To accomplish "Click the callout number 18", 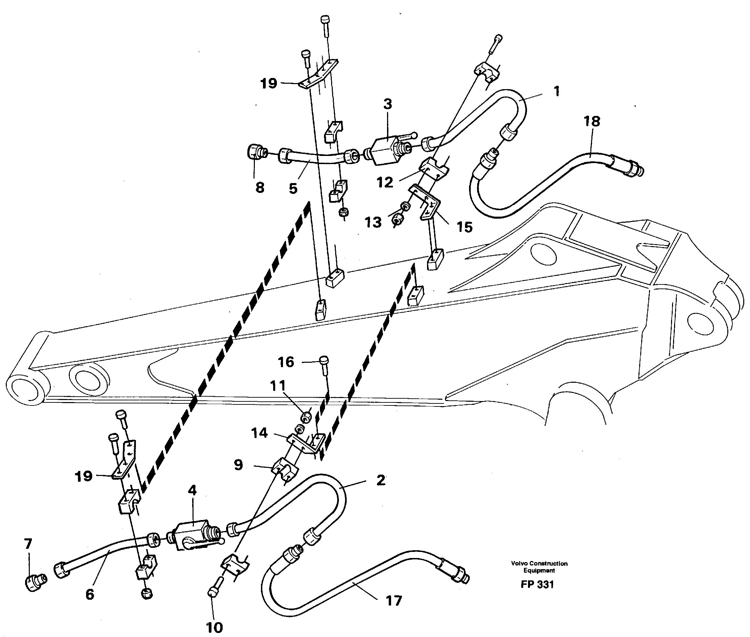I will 591,121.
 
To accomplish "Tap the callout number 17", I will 393,601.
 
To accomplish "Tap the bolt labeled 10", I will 215,587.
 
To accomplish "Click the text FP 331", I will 537,584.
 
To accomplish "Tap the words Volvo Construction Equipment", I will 539,567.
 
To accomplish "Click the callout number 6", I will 89,594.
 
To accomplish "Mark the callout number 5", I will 293,188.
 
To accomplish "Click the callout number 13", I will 373,222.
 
